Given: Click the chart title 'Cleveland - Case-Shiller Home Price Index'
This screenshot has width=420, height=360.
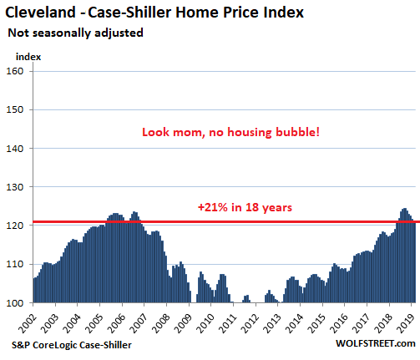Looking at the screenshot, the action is coord(154,13).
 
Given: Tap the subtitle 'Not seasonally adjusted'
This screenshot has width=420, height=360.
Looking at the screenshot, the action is coord(75,33).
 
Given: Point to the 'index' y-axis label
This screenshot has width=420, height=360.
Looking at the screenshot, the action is coord(28,57).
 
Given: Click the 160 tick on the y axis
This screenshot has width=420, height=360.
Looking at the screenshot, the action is coord(15,71).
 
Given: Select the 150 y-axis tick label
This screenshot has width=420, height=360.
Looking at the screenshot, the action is coord(15,109).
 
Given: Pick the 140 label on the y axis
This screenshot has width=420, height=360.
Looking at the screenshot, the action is coord(15,149).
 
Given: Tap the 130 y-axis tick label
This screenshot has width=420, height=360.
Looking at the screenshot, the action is coord(15,187).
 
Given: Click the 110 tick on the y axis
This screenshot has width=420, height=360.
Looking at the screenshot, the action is coord(15,264).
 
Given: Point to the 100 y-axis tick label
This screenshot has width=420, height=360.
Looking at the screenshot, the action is coord(15,302).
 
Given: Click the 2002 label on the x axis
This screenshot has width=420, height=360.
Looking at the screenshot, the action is coord(28,324).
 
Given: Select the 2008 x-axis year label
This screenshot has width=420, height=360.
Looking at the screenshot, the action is coord(161,324).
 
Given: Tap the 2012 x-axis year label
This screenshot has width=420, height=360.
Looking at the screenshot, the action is coord(250,324).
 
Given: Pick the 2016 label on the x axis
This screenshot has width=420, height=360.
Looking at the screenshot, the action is coord(339,324).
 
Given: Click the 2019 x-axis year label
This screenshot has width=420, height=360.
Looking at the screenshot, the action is coord(406,324).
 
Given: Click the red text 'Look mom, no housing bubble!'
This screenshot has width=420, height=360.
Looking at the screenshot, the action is coord(230,132).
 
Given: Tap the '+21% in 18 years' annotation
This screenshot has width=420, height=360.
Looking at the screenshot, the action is coord(245,208).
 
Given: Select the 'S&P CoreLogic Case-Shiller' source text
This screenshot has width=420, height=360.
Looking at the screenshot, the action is coord(72,345).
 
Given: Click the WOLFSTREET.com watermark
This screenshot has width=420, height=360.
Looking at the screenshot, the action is coord(376,343).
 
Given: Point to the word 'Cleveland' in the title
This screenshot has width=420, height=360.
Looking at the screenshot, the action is coord(40,13).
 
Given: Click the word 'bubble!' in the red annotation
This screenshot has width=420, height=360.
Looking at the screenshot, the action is coord(297,132).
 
